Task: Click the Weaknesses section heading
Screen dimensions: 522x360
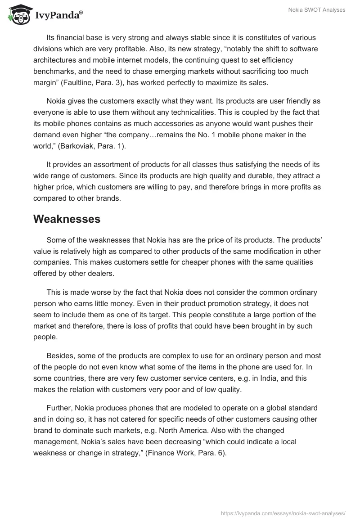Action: point(67,219)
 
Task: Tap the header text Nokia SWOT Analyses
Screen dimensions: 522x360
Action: point(317,10)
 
